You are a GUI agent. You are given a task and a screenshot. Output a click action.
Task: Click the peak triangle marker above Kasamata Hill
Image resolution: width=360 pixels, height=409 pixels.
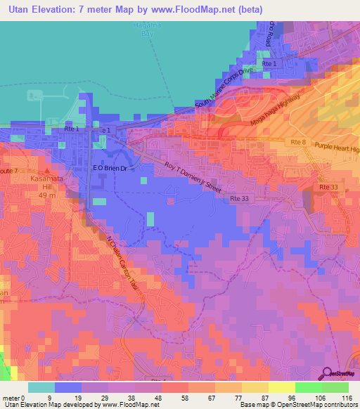pyautogui.click(x=47, y=170)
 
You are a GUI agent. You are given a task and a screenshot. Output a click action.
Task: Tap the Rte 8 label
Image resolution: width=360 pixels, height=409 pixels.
pyautogui.click(x=298, y=143)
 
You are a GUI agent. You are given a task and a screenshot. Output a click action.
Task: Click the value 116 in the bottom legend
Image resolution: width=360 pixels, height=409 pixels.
pyautogui.click(x=345, y=398)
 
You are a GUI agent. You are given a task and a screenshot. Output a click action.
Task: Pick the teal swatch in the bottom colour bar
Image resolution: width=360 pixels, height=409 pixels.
pyautogui.click(x=41, y=387)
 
